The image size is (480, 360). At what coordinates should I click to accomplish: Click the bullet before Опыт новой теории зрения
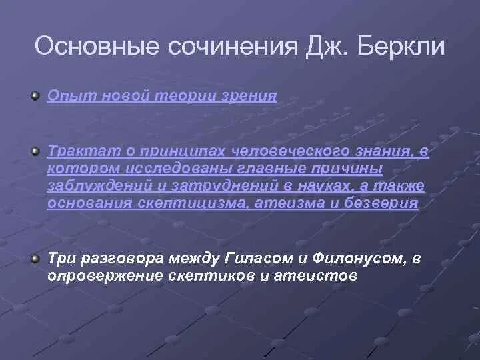point(35,96)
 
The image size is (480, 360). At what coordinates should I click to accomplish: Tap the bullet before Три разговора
point(35,257)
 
